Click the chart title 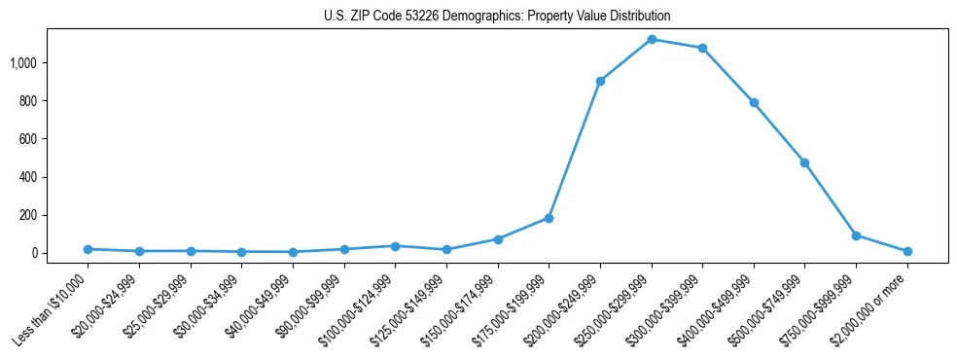[x=497, y=17]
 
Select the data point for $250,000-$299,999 [x=652, y=40]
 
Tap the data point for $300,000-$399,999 [x=702, y=48]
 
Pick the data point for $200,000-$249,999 [x=600, y=81]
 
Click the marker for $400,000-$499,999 [x=754, y=102]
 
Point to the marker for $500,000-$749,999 [x=804, y=162]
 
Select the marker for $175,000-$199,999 [x=549, y=218]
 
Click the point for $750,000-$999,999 [x=856, y=235]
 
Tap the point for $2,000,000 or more [x=907, y=251]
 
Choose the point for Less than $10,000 [x=88, y=249]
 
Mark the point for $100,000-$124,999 [x=395, y=246]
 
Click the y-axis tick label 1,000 [x=23, y=63]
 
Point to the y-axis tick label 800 [x=28, y=101]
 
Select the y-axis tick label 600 [x=28, y=139]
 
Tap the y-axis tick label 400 [x=28, y=177]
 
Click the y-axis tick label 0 [x=35, y=253]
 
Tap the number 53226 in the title [x=411, y=17]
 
